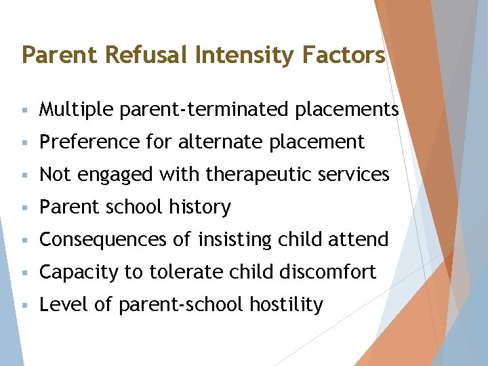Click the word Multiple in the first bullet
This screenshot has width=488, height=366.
[76, 109]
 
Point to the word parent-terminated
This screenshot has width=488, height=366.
[206, 109]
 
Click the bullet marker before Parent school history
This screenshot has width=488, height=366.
[24, 207]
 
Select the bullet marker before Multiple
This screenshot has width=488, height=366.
[24, 110]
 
